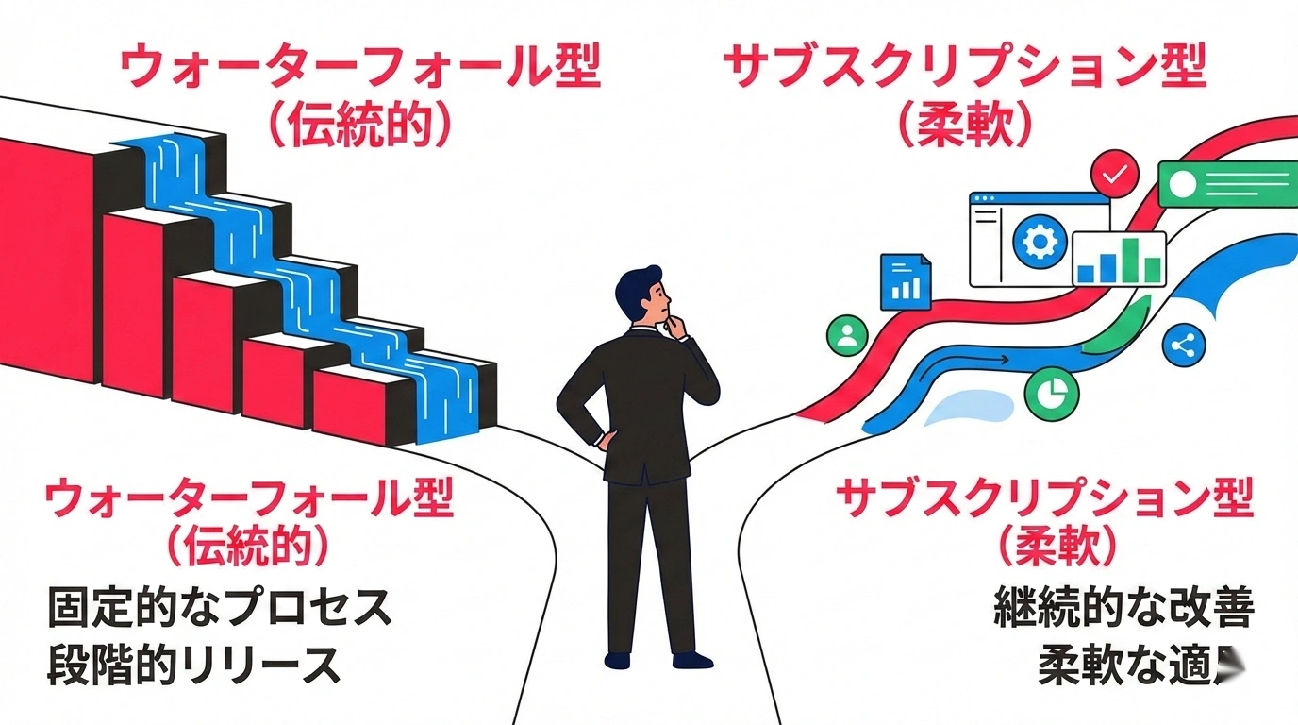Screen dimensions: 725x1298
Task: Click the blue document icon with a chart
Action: (x=905, y=281)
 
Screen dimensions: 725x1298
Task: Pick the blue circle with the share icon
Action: (x=1184, y=346)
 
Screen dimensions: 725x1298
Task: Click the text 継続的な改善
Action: (x=1123, y=610)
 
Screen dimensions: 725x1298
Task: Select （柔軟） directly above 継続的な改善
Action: (x=1059, y=547)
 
